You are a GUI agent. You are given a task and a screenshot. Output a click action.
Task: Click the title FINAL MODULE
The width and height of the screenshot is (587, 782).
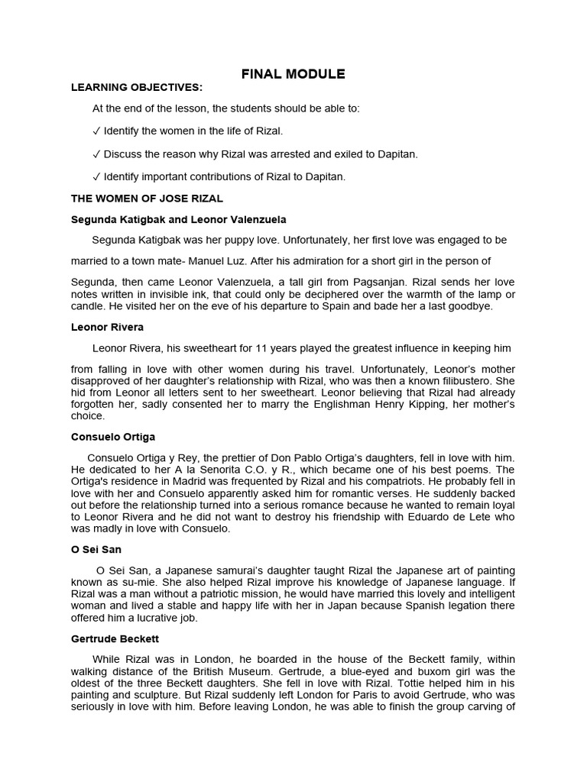pyautogui.click(x=293, y=74)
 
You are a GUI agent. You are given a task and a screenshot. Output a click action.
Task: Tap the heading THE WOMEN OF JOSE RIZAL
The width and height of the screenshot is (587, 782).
pyautogui.click(x=147, y=199)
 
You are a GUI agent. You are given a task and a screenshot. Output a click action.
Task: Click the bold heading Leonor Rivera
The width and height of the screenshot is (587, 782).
pyautogui.click(x=107, y=326)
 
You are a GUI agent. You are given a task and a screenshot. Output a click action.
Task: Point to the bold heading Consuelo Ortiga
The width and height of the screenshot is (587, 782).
pyautogui.click(x=113, y=437)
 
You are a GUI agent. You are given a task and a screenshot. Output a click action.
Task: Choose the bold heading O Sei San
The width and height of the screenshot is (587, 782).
pyautogui.click(x=96, y=549)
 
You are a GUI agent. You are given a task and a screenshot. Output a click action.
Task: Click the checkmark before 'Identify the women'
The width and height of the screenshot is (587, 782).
pyautogui.click(x=96, y=131)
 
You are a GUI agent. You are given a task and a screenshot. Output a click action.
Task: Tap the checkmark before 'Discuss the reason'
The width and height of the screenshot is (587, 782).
pyautogui.click(x=96, y=153)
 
